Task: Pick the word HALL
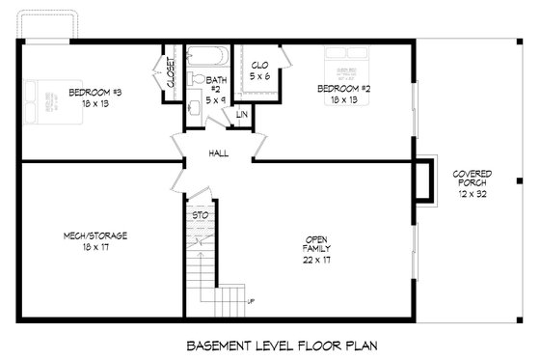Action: pos(218,153)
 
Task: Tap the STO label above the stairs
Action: pos(200,214)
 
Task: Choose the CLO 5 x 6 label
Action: pos(259,70)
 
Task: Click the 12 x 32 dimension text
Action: pos(472,194)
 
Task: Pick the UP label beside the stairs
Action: pos(252,302)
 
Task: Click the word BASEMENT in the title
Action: pos(221,344)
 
